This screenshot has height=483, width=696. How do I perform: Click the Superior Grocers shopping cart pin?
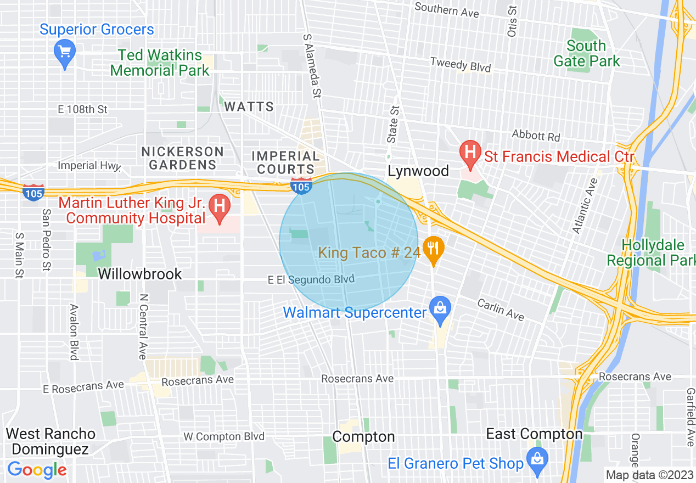(65, 53)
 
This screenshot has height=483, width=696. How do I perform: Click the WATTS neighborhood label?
(249, 106)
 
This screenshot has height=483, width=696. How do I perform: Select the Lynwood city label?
(418, 171)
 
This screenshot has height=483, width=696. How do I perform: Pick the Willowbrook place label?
(140, 274)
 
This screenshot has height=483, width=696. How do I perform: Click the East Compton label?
(534, 434)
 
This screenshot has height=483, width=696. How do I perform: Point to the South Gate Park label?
(586, 53)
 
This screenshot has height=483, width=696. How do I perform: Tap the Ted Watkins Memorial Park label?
(160, 63)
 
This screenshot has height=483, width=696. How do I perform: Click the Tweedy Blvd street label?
(460, 65)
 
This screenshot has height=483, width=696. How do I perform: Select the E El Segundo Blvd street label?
(311, 279)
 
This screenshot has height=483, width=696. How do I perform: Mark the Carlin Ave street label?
(500, 310)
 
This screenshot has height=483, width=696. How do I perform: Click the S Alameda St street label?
(311, 64)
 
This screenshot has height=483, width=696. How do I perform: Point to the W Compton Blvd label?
(224, 437)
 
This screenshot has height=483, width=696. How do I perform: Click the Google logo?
(37, 470)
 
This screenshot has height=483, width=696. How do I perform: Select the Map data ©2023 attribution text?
(649, 475)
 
